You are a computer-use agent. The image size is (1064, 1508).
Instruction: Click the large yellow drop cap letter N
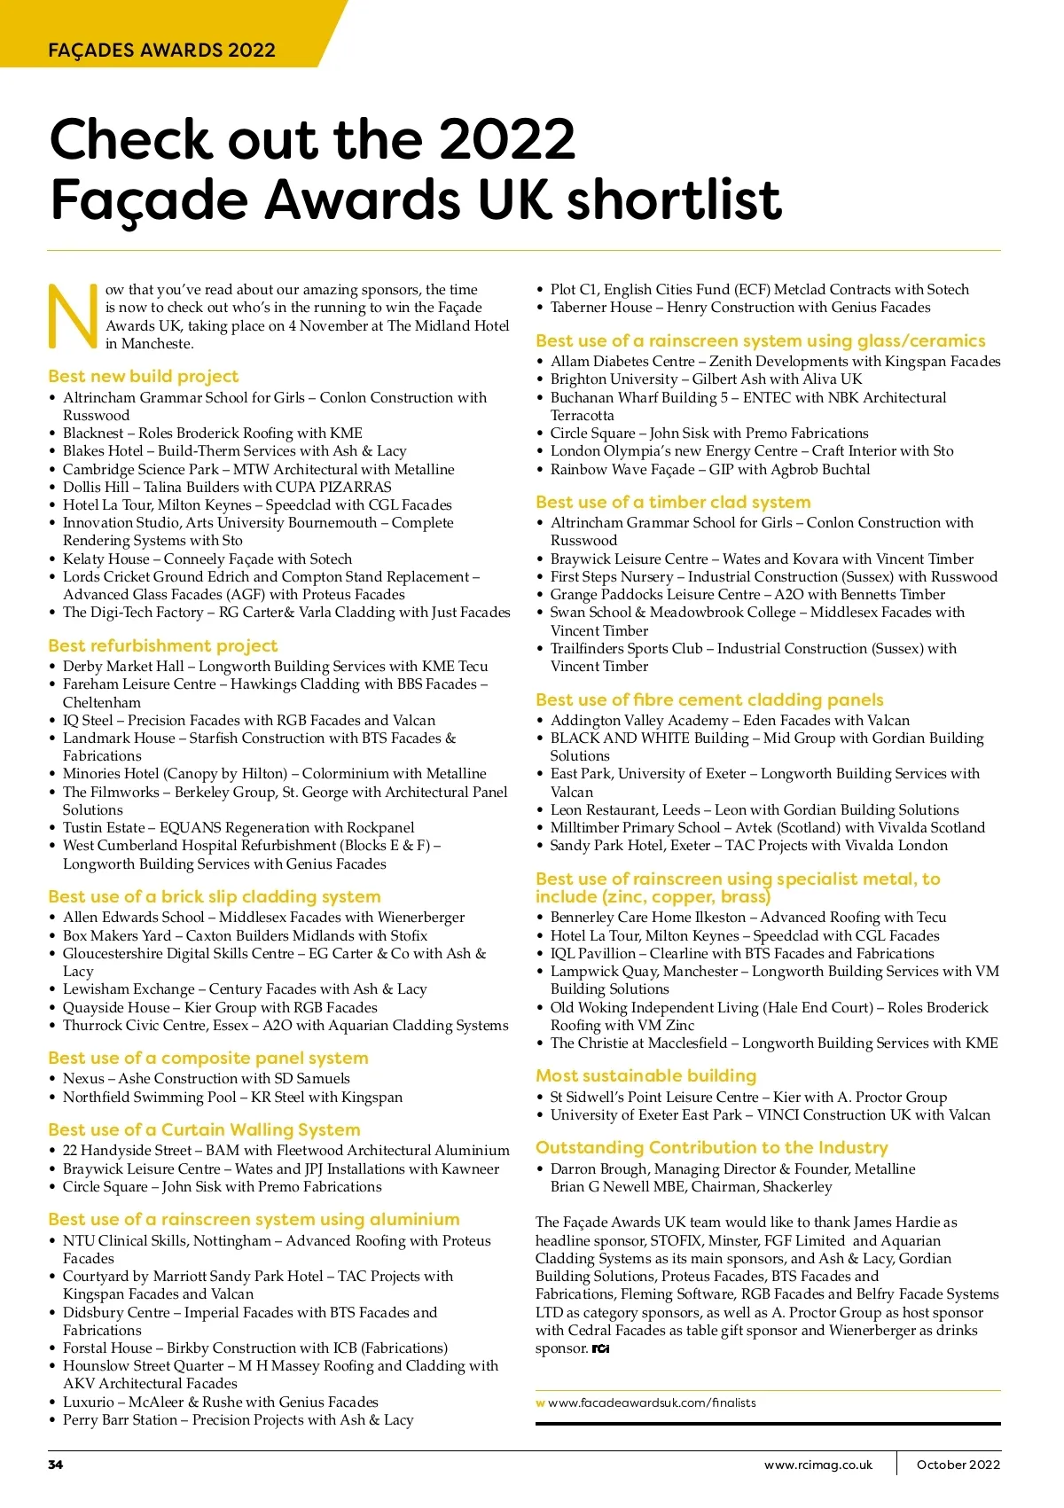73,316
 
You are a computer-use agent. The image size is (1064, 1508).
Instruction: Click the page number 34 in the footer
56,1465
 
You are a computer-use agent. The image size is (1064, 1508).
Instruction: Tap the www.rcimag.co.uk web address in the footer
818,1465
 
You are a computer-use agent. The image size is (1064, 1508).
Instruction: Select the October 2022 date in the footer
958,1465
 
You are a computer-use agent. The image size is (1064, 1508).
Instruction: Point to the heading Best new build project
144,376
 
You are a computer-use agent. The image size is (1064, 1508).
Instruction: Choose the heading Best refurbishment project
163,645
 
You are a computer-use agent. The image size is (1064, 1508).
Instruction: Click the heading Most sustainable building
645,1075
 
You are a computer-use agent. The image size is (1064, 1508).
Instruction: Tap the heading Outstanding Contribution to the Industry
711,1147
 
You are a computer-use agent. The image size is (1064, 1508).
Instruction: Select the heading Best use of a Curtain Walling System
204,1129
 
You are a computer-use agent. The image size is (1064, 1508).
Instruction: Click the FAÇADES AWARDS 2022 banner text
161,50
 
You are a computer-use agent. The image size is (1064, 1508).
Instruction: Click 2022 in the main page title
506,139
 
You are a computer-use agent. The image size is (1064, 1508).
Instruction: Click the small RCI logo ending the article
601,1348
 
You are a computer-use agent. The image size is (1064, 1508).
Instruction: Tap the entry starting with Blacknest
213,433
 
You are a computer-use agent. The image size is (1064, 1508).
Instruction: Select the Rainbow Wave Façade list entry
710,469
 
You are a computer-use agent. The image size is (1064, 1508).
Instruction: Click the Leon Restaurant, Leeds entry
755,809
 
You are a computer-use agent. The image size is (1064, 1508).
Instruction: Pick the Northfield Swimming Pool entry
232,1097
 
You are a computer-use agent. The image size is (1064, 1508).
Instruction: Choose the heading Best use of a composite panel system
208,1058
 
